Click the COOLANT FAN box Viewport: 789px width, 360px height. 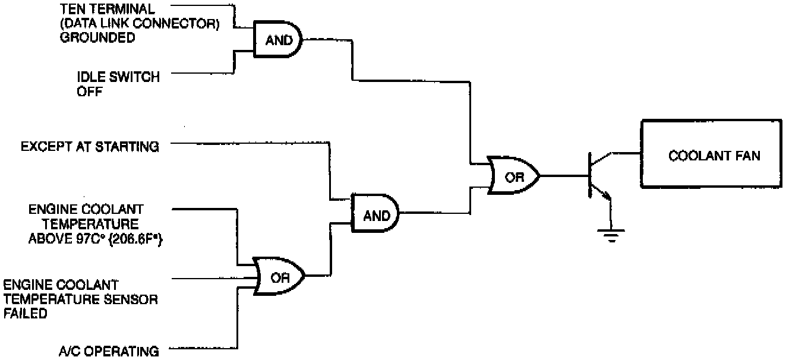[x=714, y=156]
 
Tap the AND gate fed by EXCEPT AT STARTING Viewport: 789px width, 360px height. [x=375, y=214]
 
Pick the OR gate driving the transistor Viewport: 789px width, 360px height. [x=513, y=176]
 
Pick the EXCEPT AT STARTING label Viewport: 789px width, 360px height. [x=89, y=146]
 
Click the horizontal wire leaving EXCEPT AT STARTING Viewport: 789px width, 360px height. [x=244, y=143]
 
